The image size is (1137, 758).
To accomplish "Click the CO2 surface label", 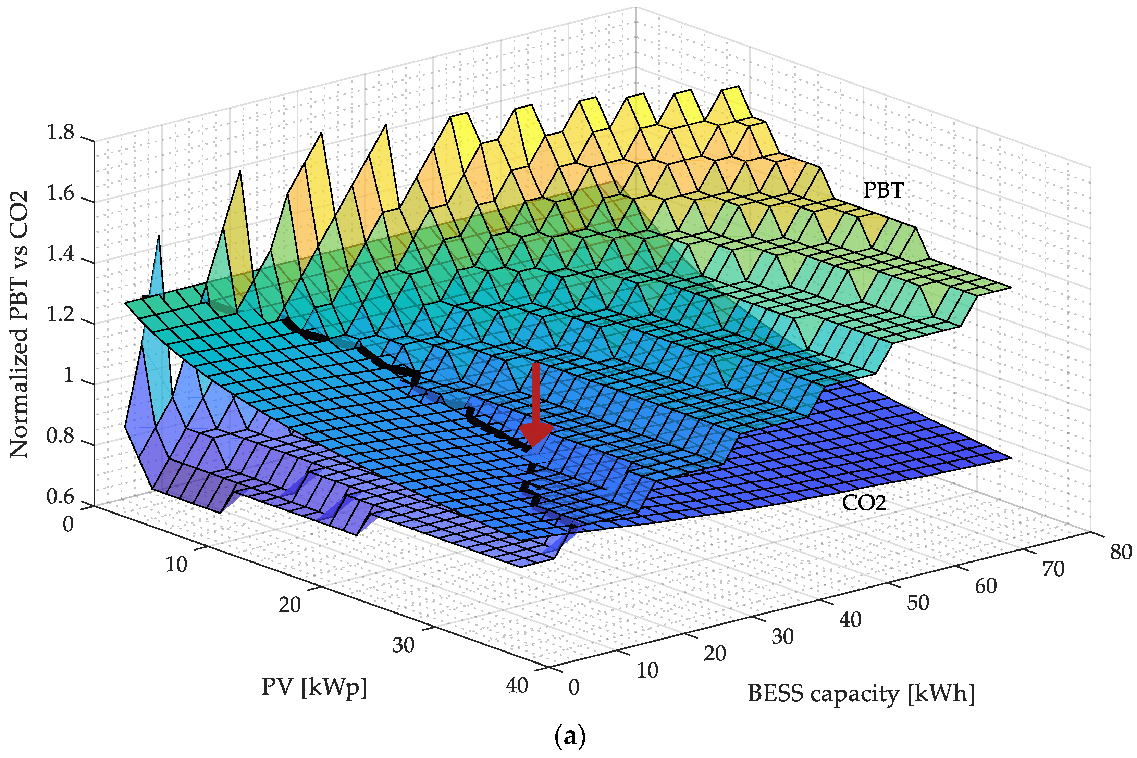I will point(864,503).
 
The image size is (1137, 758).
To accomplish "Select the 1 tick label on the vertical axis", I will point(68,376).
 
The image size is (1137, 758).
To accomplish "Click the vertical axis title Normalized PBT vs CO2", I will point(19,324).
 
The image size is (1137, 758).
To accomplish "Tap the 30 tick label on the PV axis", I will point(403,645).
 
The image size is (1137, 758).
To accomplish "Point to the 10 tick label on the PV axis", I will point(176,565).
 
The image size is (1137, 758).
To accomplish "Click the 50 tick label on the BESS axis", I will point(917,603).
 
